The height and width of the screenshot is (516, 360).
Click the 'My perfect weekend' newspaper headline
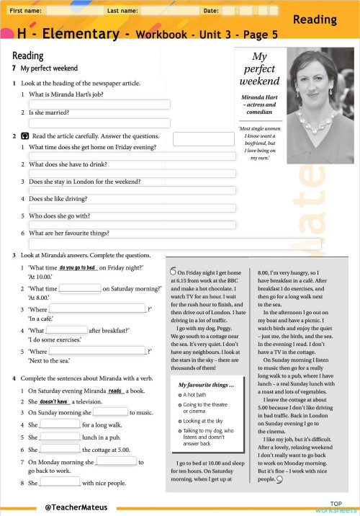pos(259,68)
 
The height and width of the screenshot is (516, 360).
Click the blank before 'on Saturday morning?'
pos(79,288)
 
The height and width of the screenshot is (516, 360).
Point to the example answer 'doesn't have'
pos(54,401)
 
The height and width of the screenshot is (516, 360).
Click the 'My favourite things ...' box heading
pos(207,385)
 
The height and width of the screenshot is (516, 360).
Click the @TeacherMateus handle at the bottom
pos(71,507)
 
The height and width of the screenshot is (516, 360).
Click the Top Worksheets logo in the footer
pos(336,506)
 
